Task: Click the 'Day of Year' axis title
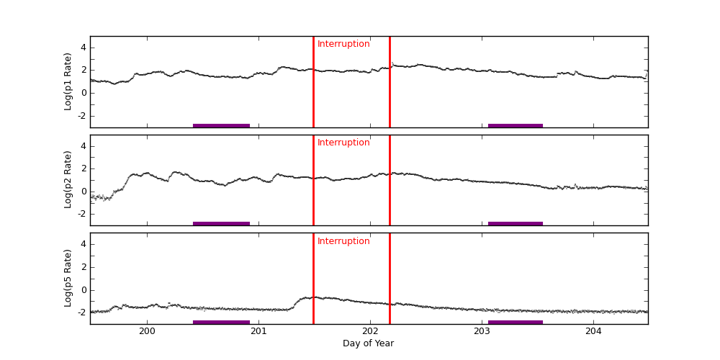[368, 343]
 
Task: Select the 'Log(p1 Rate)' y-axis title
[68, 81]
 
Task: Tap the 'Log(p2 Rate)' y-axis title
[68, 179]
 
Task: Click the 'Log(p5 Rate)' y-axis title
[68, 278]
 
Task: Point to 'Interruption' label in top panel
[343, 44]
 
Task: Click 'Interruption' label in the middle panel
[343, 143]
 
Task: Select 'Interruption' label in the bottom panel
[343, 241]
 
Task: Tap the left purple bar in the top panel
[221, 125]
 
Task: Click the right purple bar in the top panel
[516, 125]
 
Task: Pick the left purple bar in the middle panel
[221, 223]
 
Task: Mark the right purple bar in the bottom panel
[516, 322]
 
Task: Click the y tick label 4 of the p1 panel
[83, 48]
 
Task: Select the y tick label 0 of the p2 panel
[83, 191]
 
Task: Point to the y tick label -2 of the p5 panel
[81, 312]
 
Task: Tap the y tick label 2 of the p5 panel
[83, 267]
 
